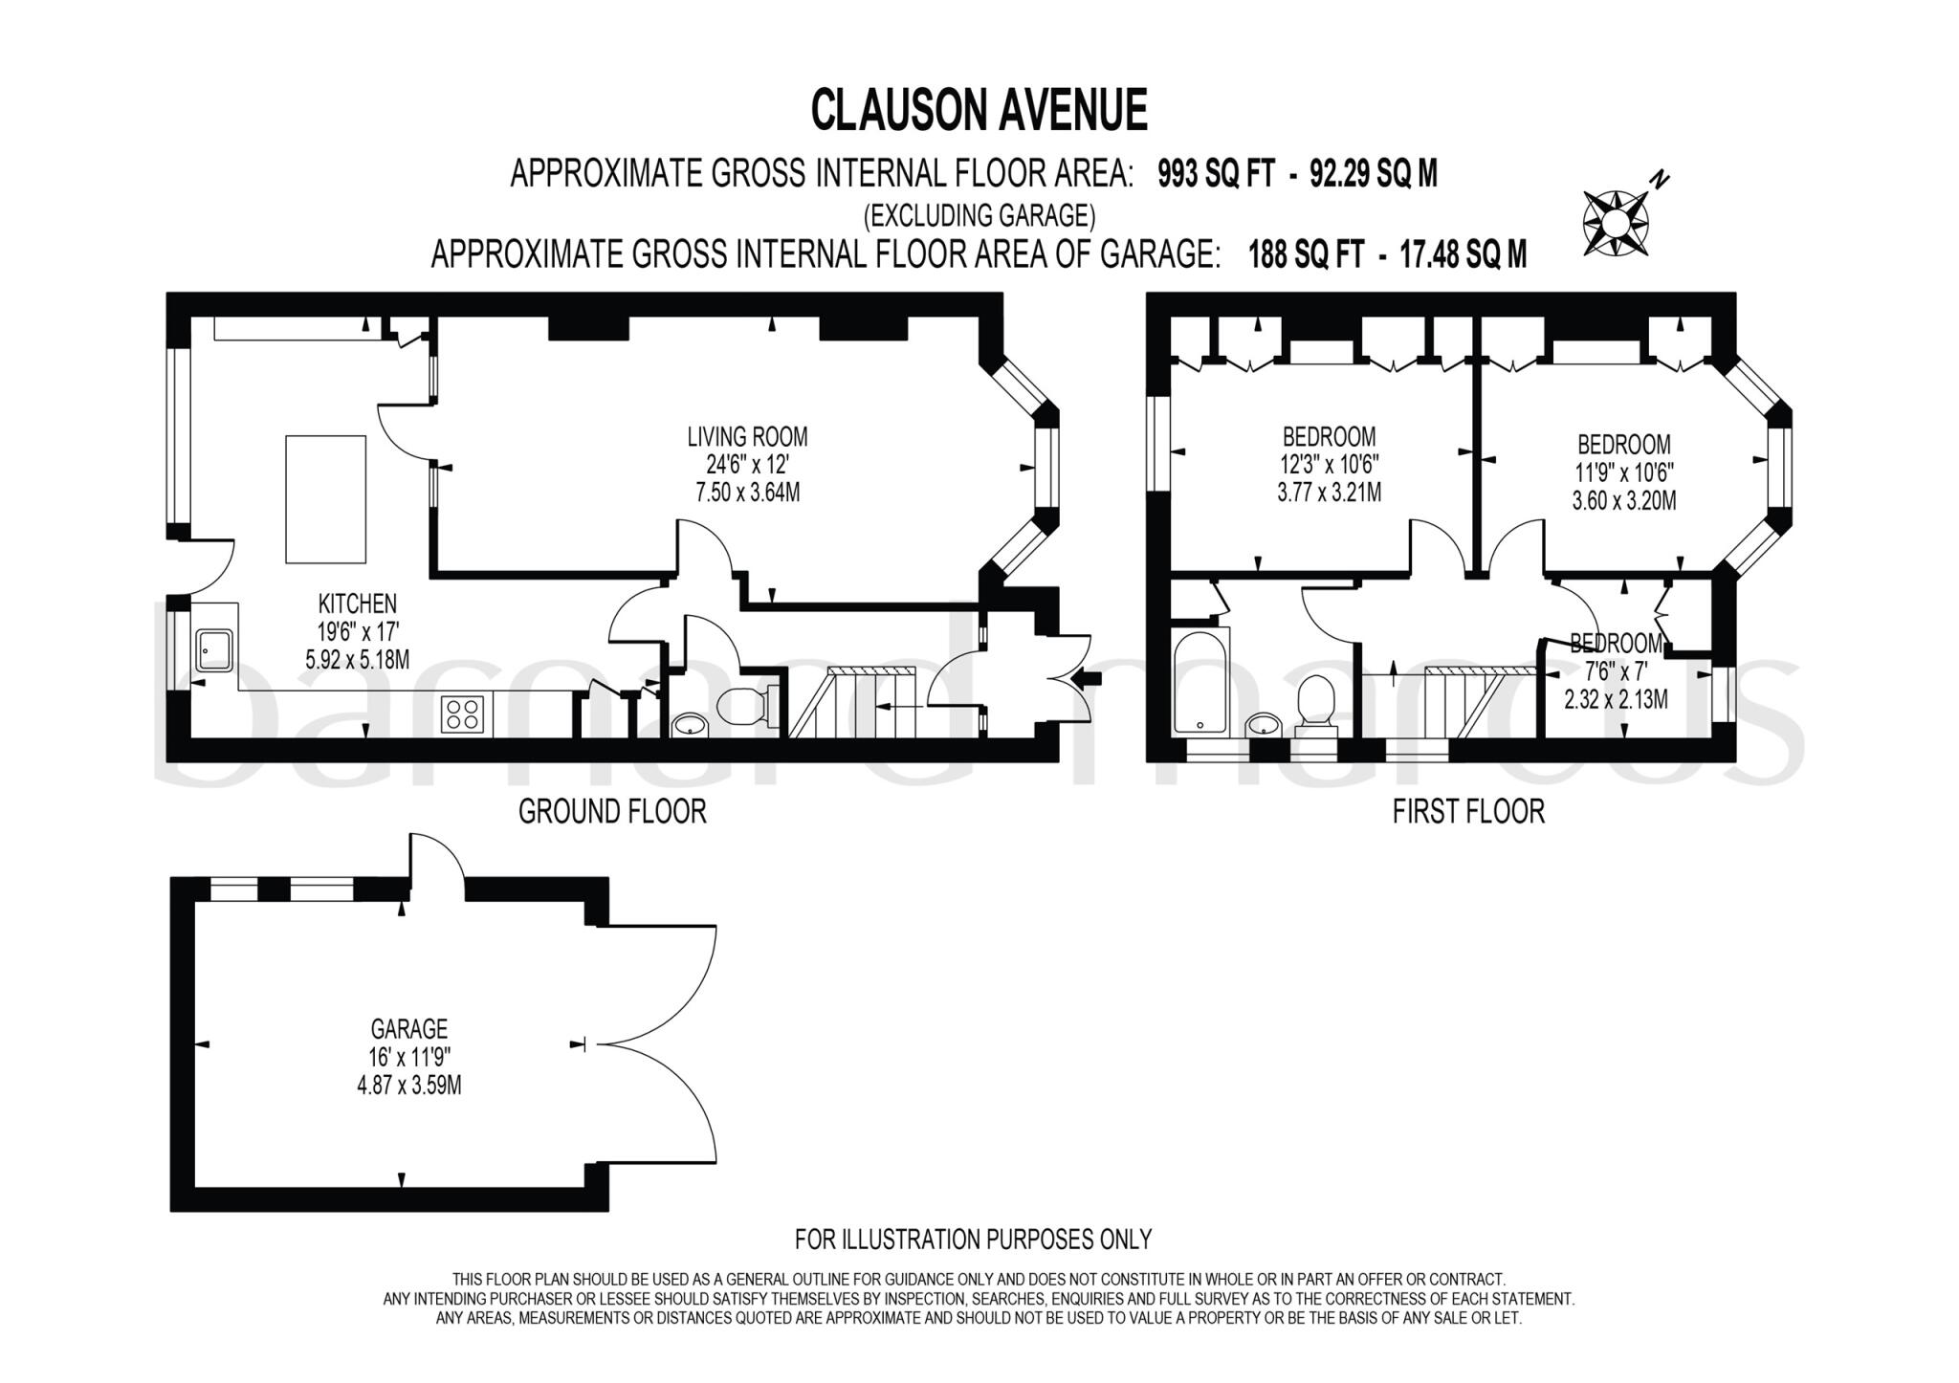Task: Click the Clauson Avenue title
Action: click(x=979, y=110)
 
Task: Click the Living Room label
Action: click(x=747, y=437)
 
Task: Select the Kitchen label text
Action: click(x=357, y=604)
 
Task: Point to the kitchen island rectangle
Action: click(x=325, y=498)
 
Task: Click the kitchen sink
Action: click(x=212, y=650)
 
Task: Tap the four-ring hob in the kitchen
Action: click(x=462, y=714)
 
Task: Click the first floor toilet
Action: click(x=1316, y=703)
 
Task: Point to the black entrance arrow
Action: click(x=1089, y=679)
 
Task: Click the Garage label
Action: click(x=409, y=1029)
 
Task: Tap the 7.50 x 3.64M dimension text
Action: click(x=747, y=494)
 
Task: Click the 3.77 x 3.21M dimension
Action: click(x=1329, y=494)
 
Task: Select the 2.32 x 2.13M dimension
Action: click(x=1616, y=700)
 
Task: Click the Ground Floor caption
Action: click(x=612, y=812)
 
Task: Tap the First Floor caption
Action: click(x=1468, y=812)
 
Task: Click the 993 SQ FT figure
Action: click(x=1216, y=174)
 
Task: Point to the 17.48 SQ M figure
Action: click(x=1464, y=254)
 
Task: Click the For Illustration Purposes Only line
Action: click(x=973, y=1240)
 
